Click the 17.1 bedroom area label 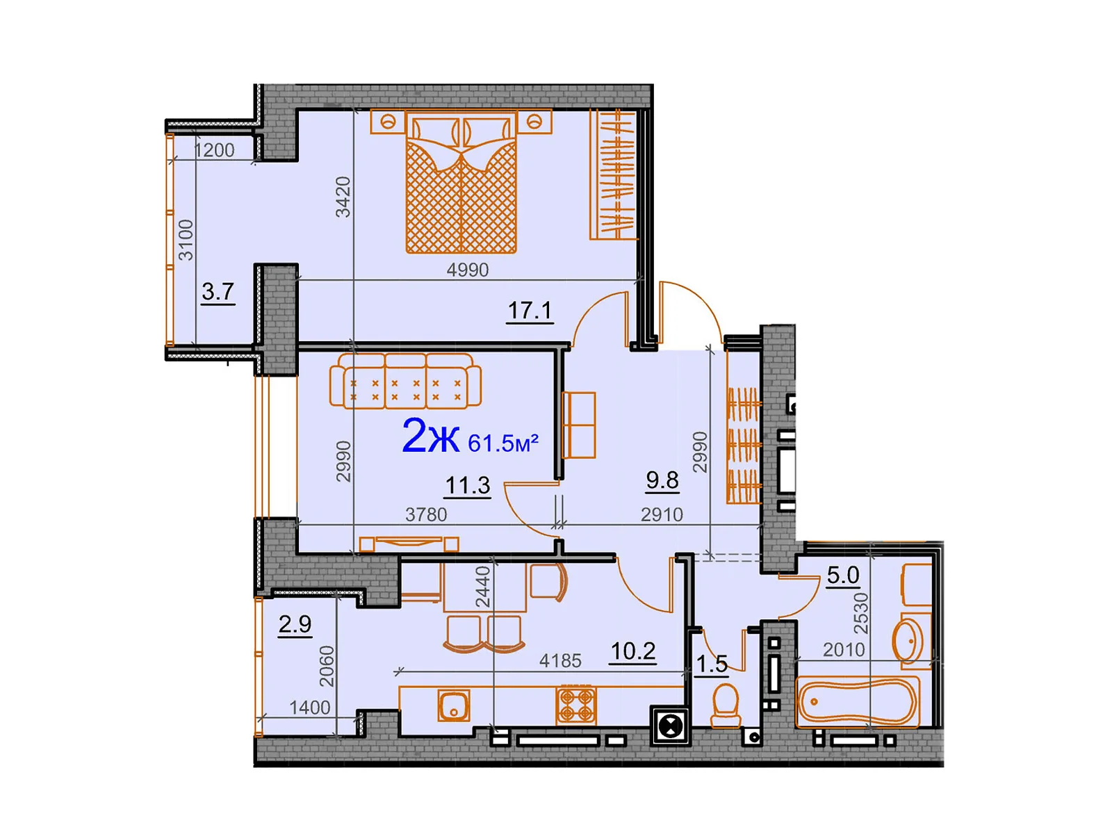530,310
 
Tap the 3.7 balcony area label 218,292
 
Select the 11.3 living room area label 468,485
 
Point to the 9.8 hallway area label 662,480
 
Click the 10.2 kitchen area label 632,651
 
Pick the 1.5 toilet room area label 712,664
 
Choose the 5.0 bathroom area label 842,575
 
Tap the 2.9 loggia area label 295,624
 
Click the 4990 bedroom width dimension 467,270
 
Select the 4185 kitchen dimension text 560,660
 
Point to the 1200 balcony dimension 214,150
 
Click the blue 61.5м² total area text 503,443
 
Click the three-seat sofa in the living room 405,381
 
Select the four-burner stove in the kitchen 576,704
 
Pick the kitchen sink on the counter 454,705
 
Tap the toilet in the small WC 726,705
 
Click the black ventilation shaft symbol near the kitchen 670,727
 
